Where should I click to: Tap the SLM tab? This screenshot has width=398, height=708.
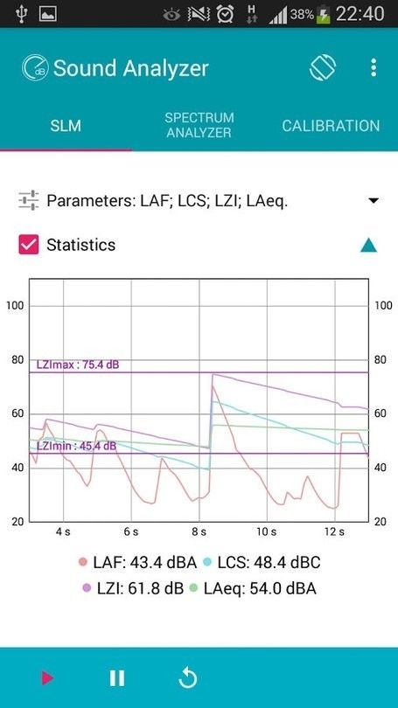tap(66, 126)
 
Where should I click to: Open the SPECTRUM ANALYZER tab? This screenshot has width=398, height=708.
tap(199, 125)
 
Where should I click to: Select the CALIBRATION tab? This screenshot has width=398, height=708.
tap(331, 126)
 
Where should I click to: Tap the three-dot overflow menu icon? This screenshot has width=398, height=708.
tap(374, 68)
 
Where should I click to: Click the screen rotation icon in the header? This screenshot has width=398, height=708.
tap(323, 68)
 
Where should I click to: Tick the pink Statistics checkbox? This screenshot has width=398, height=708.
tap(29, 245)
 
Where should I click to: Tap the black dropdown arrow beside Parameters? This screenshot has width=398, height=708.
tap(374, 201)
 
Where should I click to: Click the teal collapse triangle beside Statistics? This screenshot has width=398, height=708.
tap(368, 246)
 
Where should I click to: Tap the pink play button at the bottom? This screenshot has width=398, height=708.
tap(46, 677)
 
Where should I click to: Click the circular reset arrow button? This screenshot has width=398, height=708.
tap(187, 677)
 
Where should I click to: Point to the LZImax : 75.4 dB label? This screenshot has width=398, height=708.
tap(77, 364)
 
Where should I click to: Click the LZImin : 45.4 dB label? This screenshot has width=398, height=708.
tap(76, 446)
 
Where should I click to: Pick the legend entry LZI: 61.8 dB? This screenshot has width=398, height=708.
tap(132, 588)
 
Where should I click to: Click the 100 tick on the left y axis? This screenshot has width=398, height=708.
tap(15, 305)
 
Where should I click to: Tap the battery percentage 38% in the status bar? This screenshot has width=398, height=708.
tap(303, 15)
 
